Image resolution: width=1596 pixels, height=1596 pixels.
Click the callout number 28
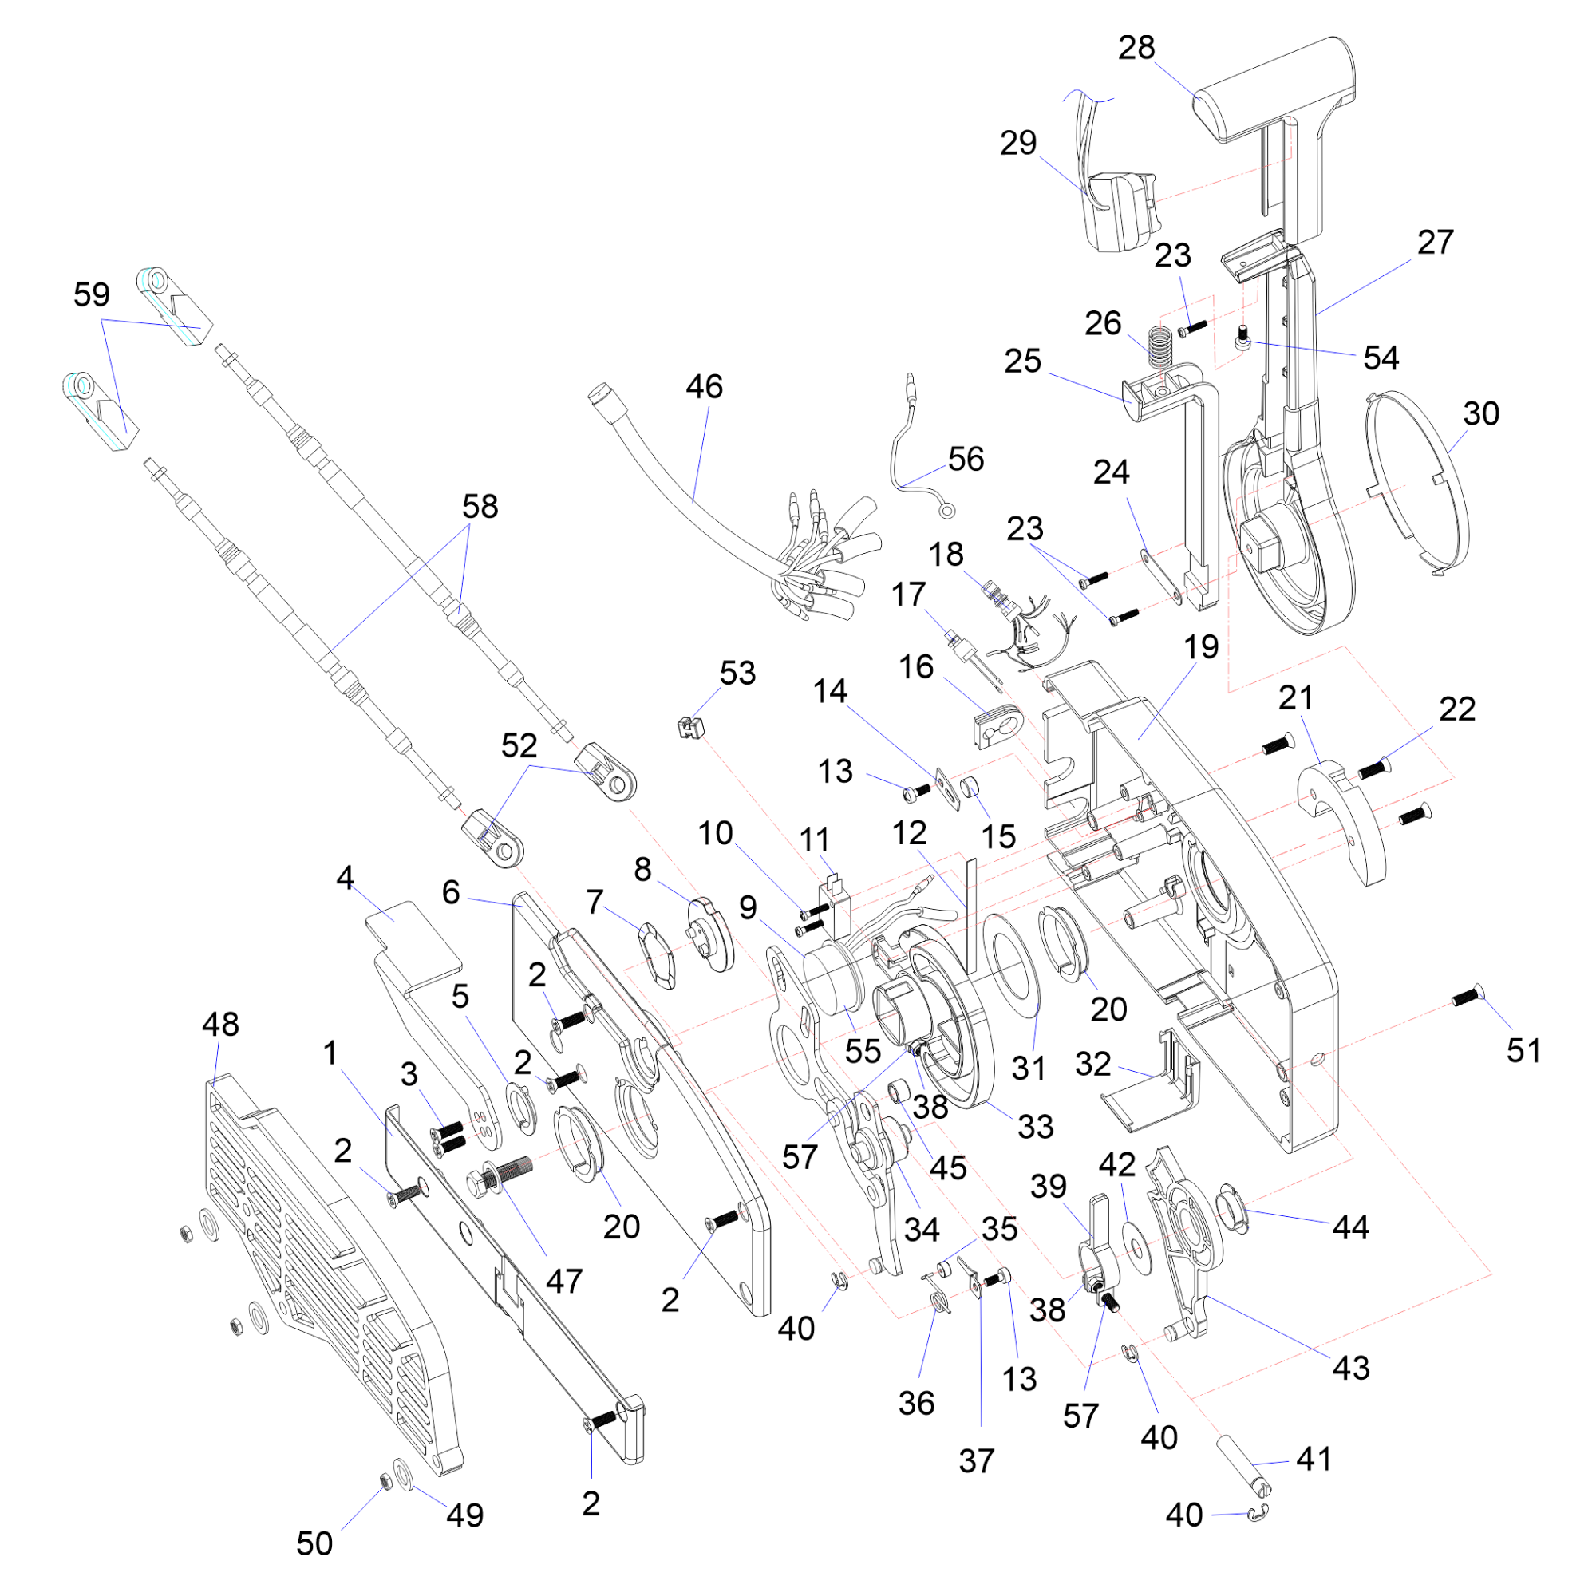pos(1136,48)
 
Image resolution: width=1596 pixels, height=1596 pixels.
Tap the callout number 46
pos(704,386)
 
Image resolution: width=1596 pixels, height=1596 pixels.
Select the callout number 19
pos(1200,647)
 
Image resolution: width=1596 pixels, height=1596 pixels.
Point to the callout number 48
pos(220,1025)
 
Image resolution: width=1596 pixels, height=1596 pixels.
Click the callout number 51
pos(1523,1051)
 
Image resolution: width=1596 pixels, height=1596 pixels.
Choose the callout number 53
pos(737,674)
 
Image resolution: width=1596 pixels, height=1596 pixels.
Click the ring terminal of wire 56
pos(947,512)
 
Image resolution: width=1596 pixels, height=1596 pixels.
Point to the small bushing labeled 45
pos(898,1094)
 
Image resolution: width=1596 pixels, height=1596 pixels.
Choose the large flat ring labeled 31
pos(1012,965)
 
